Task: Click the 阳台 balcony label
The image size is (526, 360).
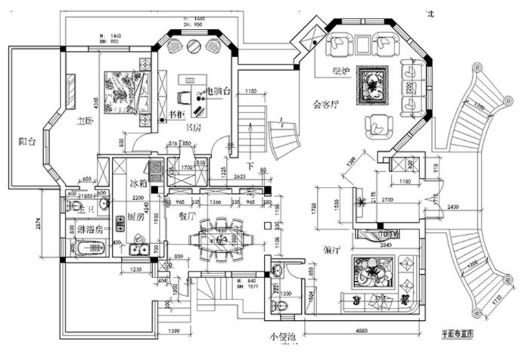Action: pyautogui.click(x=28, y=142)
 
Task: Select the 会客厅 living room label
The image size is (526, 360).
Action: pyautogui.click(x=326, y=105)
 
